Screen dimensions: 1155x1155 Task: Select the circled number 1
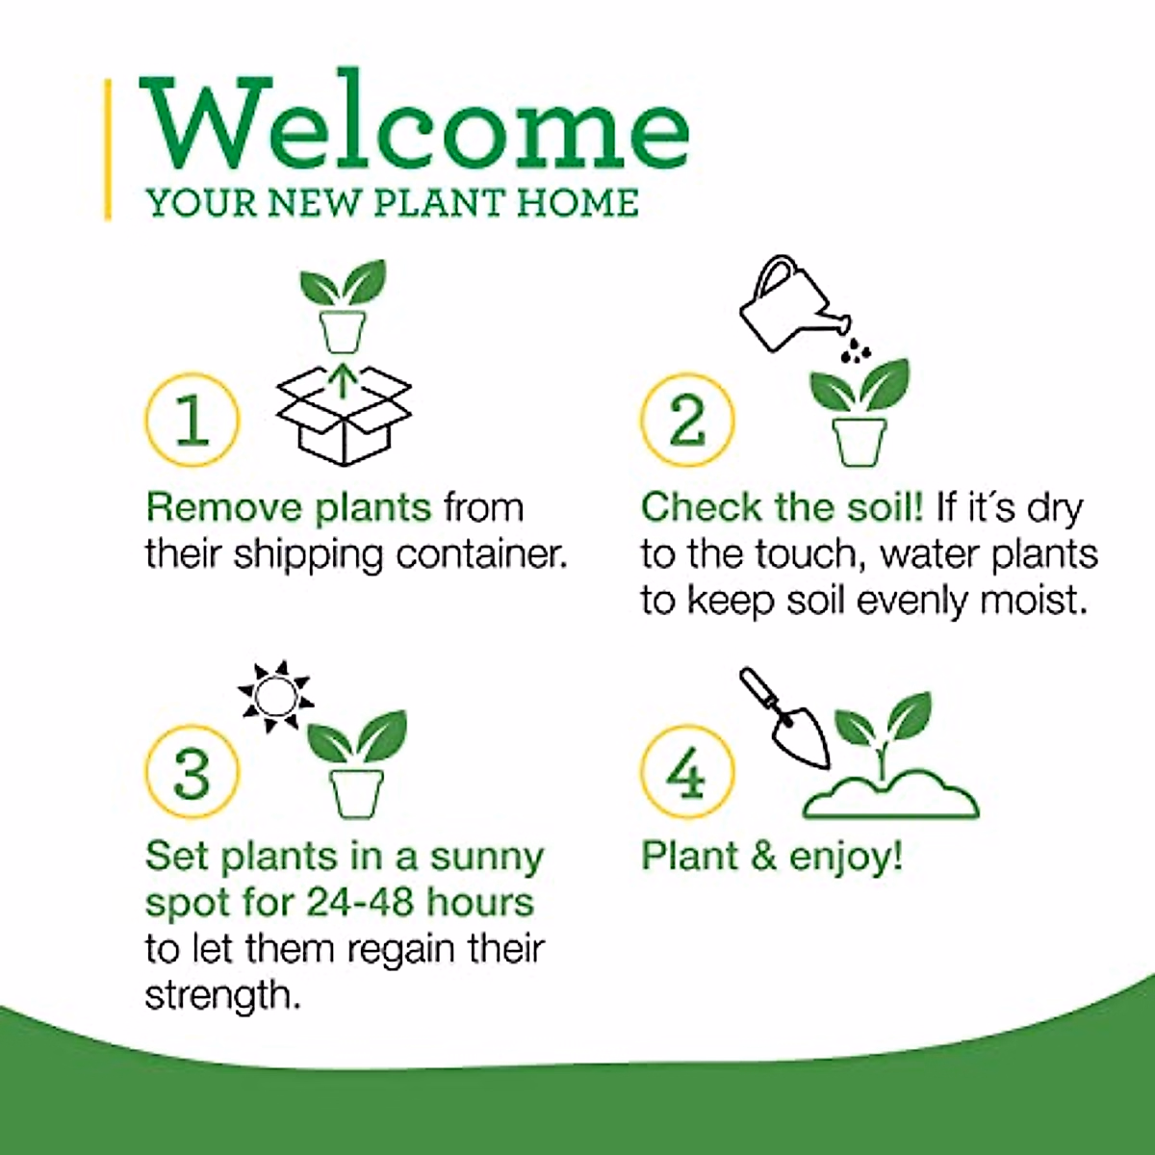(192, 420)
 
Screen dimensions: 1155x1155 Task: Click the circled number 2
(687, 420)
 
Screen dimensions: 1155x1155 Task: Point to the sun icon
(275, 694)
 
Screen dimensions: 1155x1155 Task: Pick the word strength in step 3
(222, 994)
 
